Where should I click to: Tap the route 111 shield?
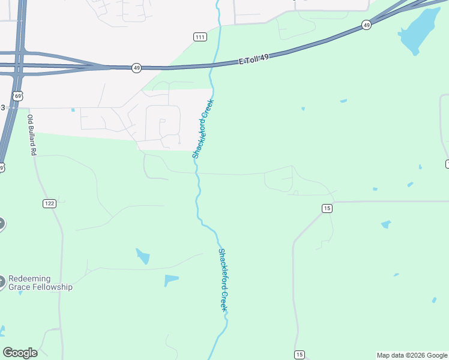200,37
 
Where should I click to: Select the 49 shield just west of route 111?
137,68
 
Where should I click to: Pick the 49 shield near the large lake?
366,25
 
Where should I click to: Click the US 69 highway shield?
19,96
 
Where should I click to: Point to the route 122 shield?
49,203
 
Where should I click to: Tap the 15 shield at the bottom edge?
300,354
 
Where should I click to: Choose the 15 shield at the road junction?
327,208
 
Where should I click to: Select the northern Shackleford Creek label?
203,128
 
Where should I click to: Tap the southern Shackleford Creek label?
223,280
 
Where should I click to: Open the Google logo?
20,353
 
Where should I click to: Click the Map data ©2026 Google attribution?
412,355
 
